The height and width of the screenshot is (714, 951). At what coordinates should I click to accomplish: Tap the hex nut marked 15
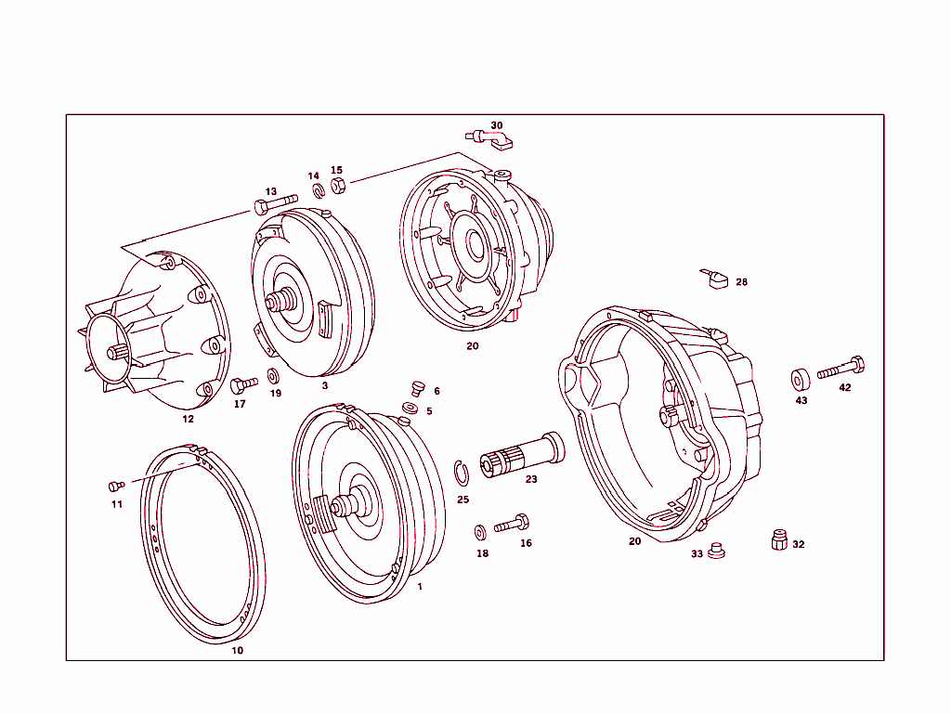coord(338,186)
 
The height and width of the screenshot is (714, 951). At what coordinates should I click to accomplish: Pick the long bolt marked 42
coord(841,369)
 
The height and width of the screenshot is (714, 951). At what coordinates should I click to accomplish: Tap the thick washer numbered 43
coord(799,379)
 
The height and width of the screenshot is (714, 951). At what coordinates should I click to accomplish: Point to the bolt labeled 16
coord(512,524)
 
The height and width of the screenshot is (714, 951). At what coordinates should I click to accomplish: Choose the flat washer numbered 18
coord(480,532)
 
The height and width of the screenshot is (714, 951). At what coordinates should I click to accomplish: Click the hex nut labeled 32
coord(780,539)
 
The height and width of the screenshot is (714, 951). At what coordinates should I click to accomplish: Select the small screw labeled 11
coord(116,486)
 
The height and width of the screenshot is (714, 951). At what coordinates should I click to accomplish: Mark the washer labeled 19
coord(274,376)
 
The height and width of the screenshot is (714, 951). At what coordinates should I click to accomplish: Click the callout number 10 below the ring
coord(237,651)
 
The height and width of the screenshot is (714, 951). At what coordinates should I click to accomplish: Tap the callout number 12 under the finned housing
coord(188,419)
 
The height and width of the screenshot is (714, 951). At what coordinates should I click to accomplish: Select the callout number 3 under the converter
coord(324,384)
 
